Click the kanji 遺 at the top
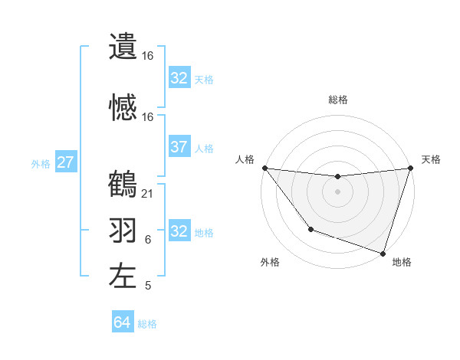click(x=123, y=47)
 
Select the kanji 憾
click(x=123, y=106)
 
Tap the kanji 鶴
click(x=123, y=184)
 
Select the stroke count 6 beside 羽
click(x=148, y=240)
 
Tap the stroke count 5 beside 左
click(x=148, y=286)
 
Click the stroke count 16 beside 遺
click(x=148, y=56)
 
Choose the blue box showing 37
click(x=179, y=147)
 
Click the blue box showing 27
click(x=66, y=162)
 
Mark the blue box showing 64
click(x=122, y=322)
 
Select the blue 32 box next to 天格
click(x=179, y=78)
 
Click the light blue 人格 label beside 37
click(x=204, y=148)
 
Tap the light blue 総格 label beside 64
click(x=147, y=324)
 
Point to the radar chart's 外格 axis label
click(x=270, y=262)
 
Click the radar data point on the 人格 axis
click(x=264, y=168)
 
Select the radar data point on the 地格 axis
click(x=382, y=253)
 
